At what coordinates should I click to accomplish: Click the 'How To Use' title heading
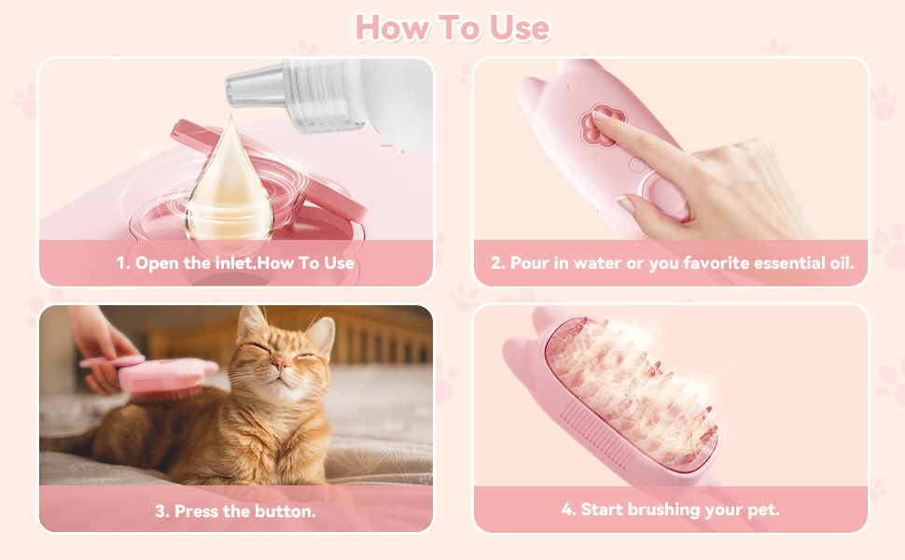452,27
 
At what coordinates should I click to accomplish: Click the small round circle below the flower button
637,164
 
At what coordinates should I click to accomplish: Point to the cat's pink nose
281,364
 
